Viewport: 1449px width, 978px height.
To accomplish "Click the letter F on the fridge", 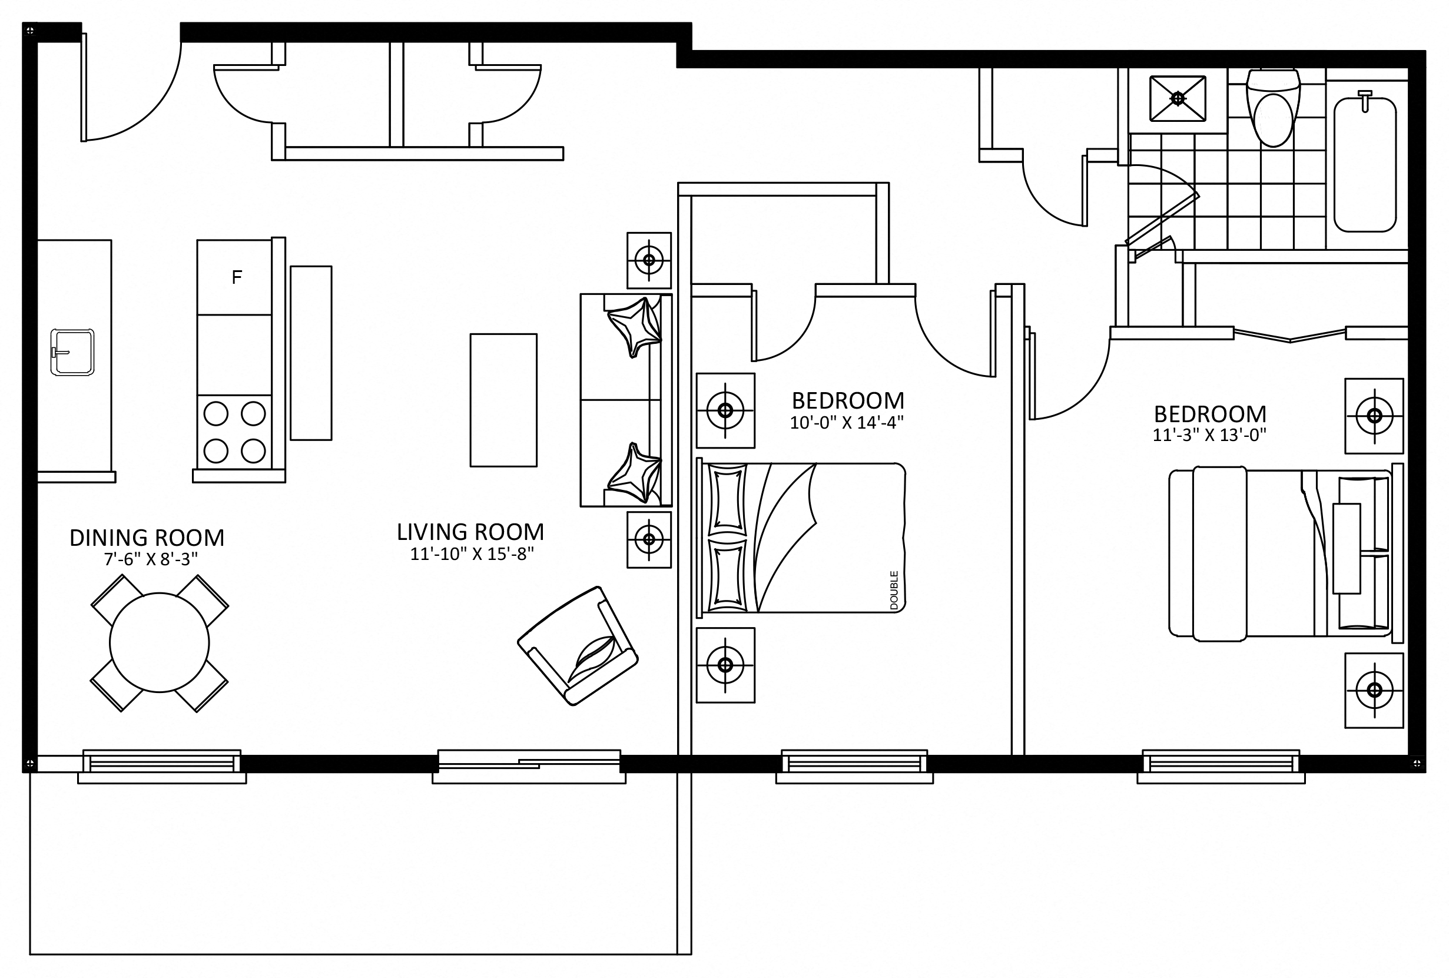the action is pos(236,277).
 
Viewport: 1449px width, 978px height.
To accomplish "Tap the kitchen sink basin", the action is pos(72,352).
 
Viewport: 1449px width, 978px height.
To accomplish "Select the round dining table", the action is pos(160,642).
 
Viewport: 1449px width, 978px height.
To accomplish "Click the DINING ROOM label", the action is pos(147,538).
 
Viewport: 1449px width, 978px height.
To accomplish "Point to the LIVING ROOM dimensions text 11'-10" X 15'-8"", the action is pos(472,553).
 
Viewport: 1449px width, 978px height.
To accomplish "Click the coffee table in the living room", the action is pos(503,400).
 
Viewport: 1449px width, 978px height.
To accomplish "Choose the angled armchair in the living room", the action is pos(578,646).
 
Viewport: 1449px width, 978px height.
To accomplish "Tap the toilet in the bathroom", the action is pos(1273,108).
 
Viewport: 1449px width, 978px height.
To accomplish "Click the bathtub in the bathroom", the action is pos(1365,163).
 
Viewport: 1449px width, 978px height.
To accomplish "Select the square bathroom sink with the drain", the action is pos(1178,98).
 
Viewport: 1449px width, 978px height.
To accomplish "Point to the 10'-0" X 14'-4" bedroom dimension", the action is pos(847,423).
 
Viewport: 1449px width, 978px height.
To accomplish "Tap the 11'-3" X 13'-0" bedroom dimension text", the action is pos(1209,435).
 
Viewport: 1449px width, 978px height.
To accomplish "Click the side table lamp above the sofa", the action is pos(649,260).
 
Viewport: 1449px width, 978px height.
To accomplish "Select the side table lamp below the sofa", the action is pos(649,539).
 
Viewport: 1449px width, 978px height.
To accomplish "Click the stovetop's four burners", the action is pos(234,432).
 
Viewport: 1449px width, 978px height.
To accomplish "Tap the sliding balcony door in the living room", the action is pos(529,760).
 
